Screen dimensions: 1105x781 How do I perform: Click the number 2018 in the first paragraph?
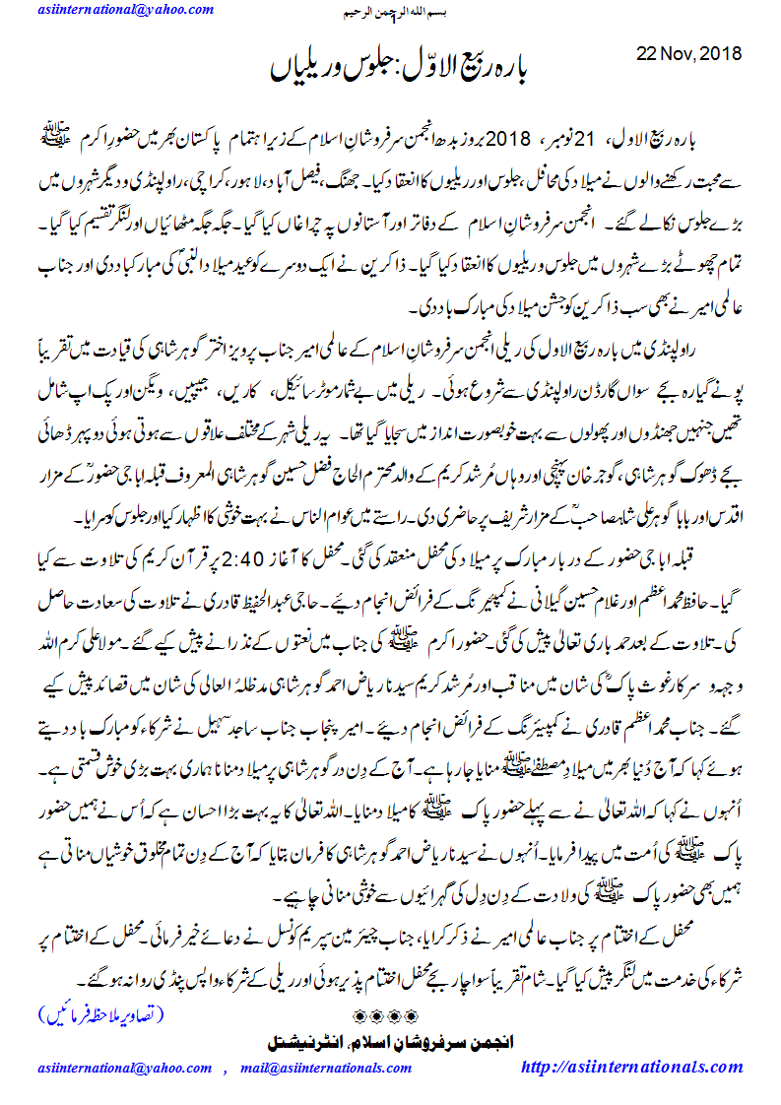click(509, 135)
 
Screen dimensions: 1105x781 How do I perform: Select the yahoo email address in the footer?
click(125, 1069)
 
